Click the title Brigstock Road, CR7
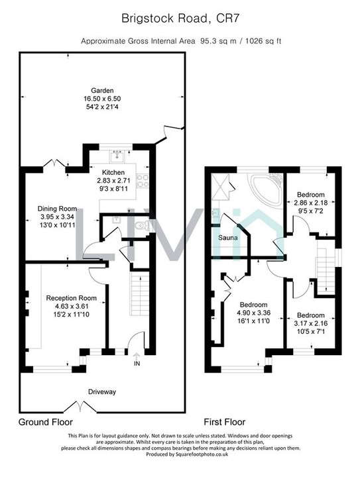pos(180,19)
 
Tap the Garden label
pos(102,90)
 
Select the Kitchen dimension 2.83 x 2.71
pos(113,180)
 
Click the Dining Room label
pos(57,209)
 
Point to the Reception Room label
pos(71,298)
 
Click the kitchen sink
pos(117,156)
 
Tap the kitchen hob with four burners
pos(141,182)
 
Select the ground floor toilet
pos(143,225)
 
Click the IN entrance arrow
pos(137,355)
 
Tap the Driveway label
pos(102,392)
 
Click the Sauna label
pos(227,238)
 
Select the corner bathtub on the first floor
pos(267,189)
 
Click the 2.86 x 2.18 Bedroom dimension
pos(311,202)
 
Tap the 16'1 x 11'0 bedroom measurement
pos(253,321)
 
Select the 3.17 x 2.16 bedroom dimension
pos(311,323)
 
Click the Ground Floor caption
pos(46,422)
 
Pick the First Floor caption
pos(225,422)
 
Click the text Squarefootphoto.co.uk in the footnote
pos(202,454)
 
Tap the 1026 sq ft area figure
pos(263,41)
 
